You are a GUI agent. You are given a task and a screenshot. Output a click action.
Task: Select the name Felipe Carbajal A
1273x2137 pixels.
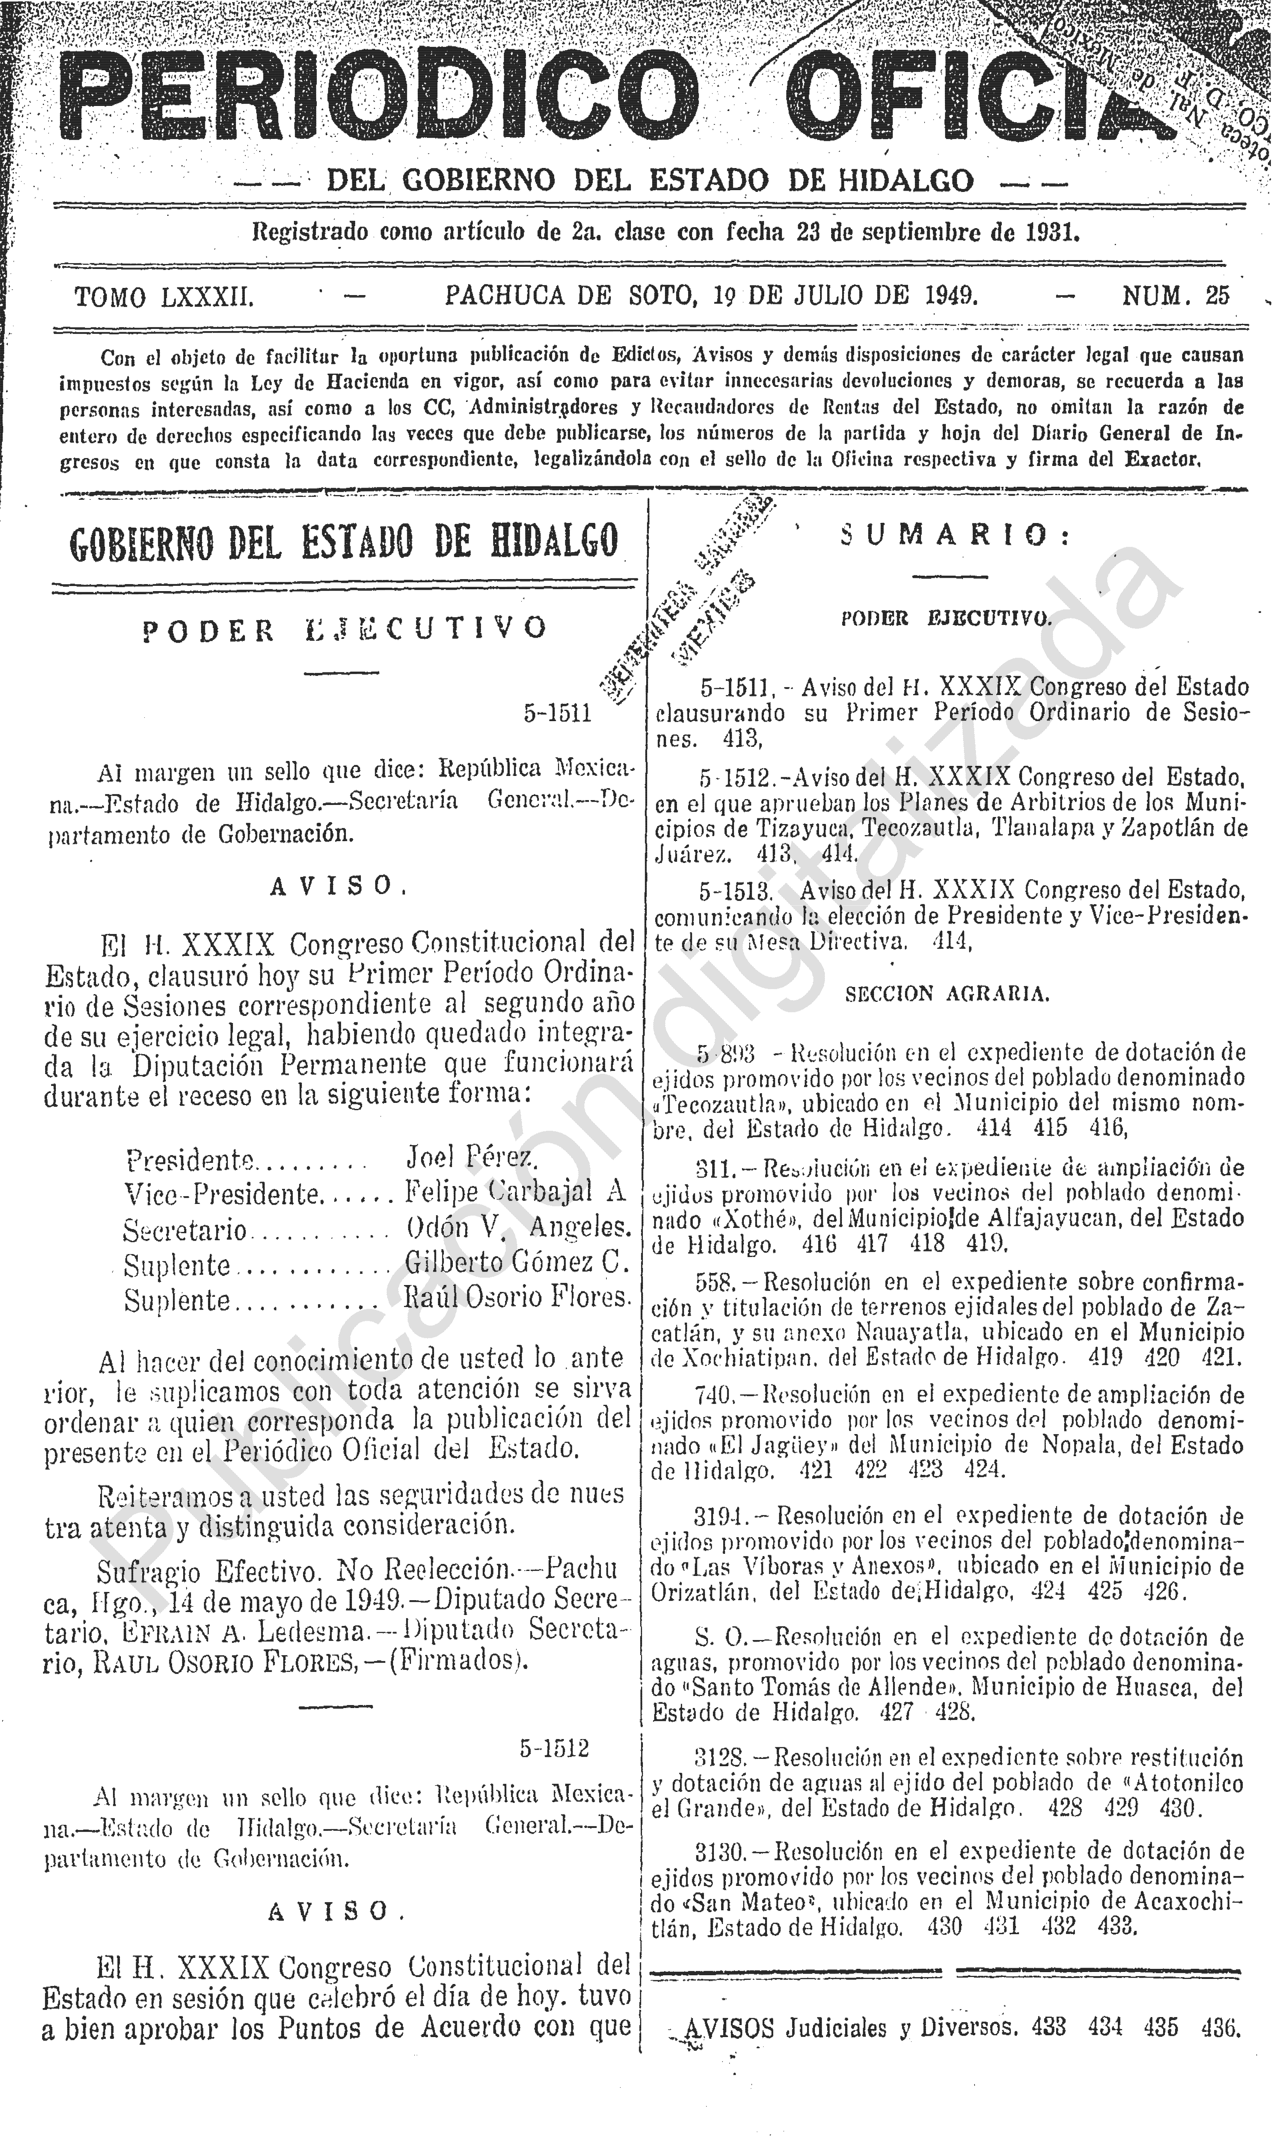(x=516, y=1192)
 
